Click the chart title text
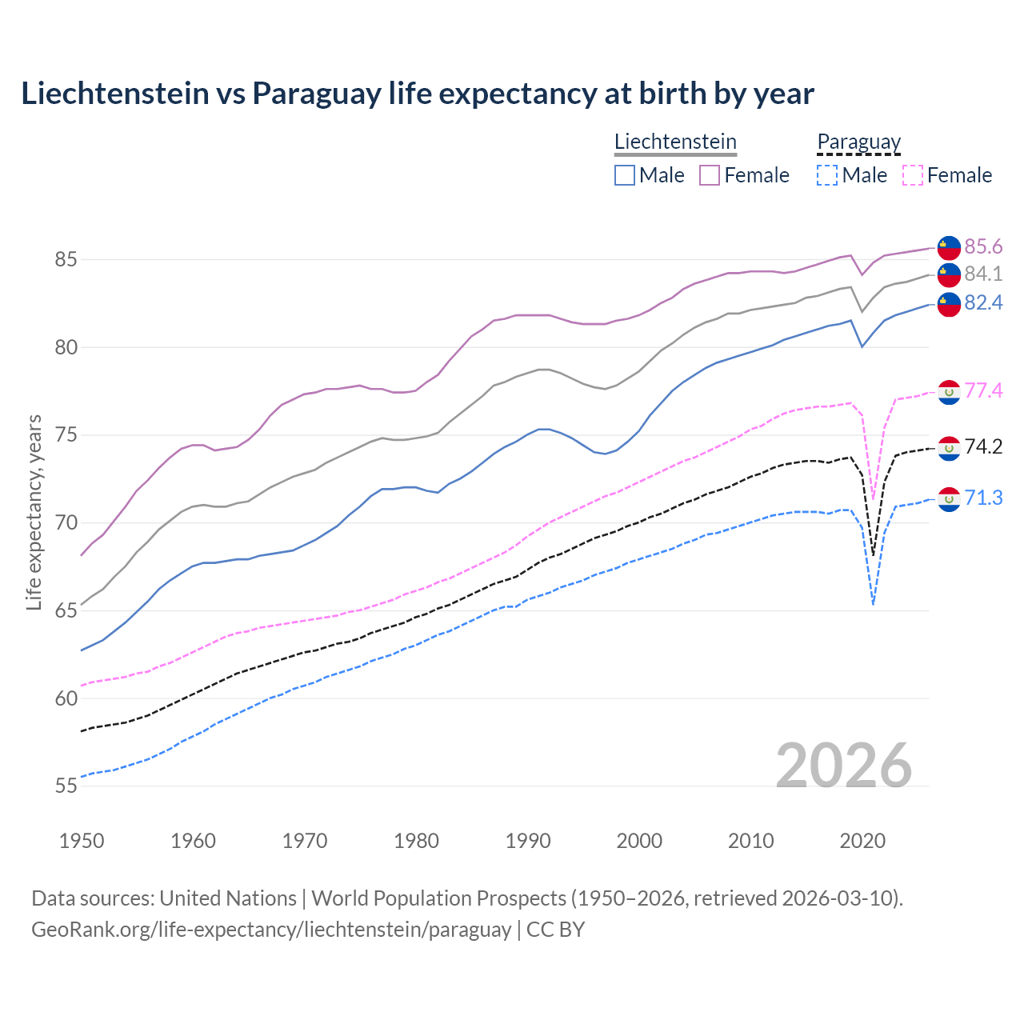coord(417,94)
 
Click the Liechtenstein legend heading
coord(675,142)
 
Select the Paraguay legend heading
coord(858,142)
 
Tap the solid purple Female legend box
coord(710,175)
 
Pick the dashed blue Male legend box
coord(827,175)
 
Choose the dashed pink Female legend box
coord(913,175)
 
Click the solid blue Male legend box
coord(625,175)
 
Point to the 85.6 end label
coord(983,246)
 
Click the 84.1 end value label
coord(983,274)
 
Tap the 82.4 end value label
coord(983,302)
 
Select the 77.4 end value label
coord(983,390)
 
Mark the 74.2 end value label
coord(983,446)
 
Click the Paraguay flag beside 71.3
coord(949,499)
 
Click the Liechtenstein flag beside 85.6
coord(949,248)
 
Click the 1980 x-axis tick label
coord(416,841)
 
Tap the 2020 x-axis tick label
coord(862,841)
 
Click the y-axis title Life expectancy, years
coord(34,512)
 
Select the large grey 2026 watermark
coord(844,766)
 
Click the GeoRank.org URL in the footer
coord(271,930)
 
